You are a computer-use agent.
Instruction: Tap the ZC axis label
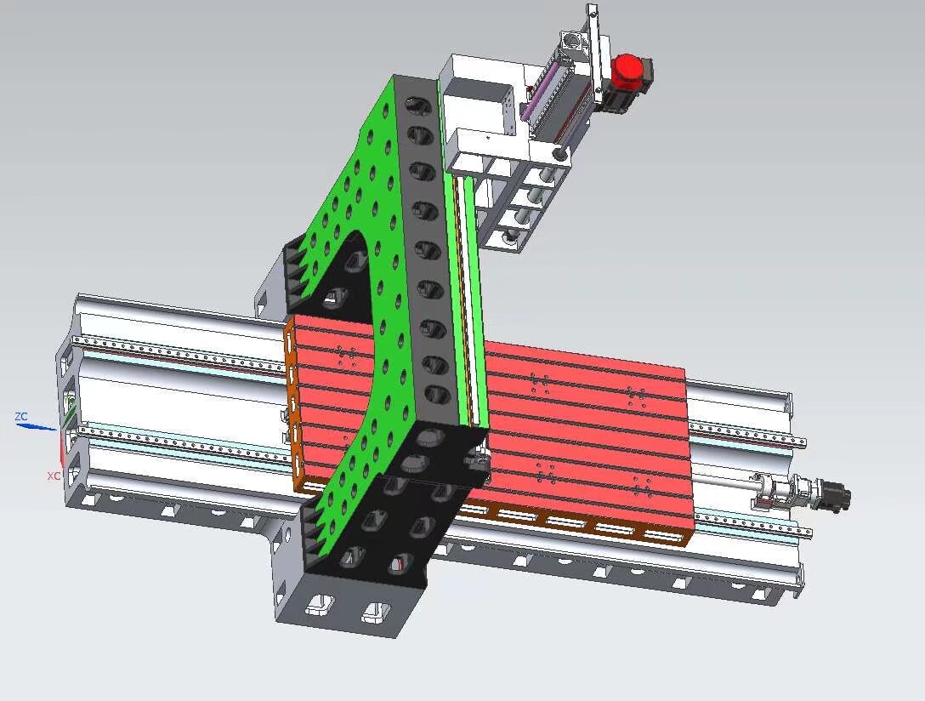coord(21,417)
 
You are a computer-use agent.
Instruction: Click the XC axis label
coord(53,476)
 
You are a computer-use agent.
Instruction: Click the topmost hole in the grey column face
coord(417,105)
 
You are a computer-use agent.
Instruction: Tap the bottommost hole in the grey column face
coord(437,395)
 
